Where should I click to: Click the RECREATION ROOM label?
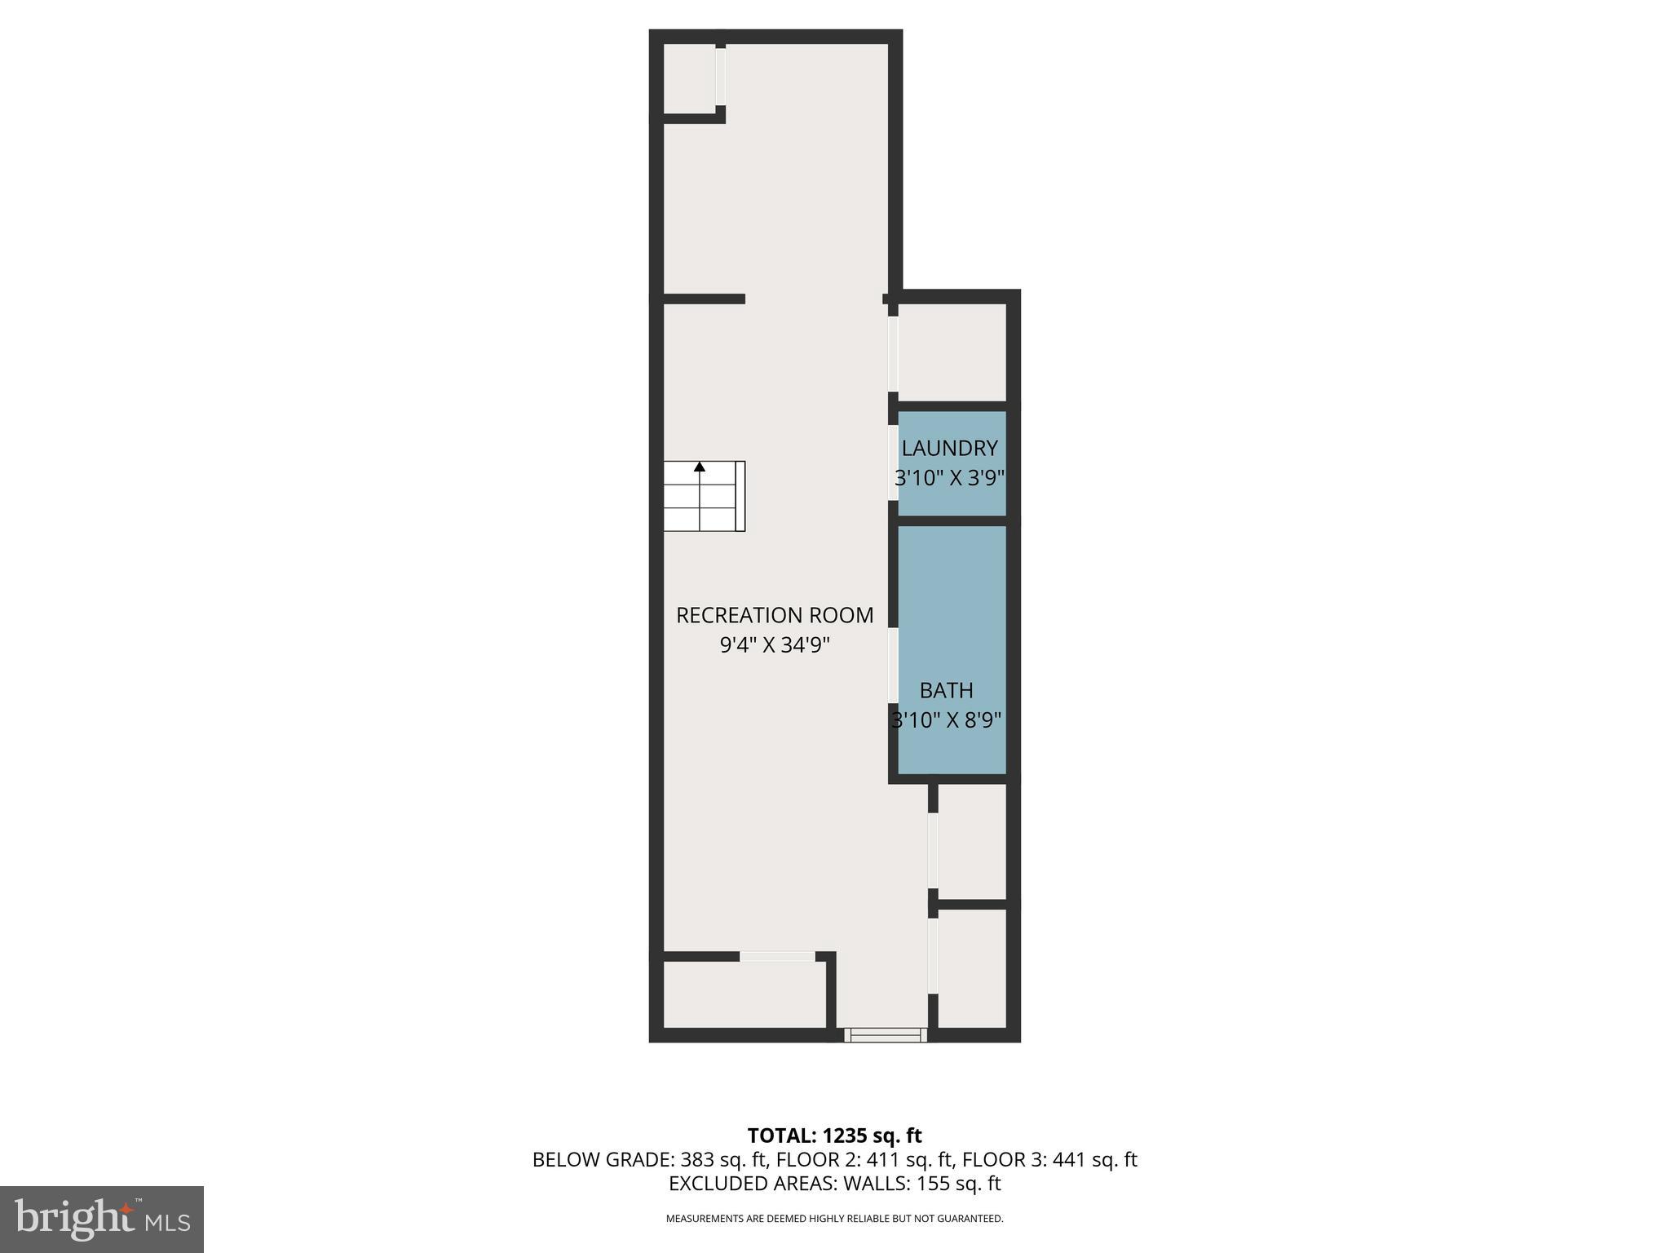(775, 615)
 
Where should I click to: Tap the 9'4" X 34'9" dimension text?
(775, 645)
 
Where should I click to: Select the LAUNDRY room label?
(949, 448)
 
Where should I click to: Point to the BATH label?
(946, 690)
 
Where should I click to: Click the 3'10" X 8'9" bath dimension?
(946, 720)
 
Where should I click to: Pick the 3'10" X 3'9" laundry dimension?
(949, 477)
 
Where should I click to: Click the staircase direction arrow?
(699, 467)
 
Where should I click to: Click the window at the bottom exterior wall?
(886, 1034)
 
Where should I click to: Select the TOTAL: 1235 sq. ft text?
(834, 1135)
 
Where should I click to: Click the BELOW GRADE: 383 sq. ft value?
(650, 1159)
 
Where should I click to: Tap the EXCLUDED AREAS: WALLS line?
(834, 1183)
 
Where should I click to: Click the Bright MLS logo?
(102, 1219)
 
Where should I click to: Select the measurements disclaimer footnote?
(834, 1219)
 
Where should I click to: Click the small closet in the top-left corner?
(690, 77)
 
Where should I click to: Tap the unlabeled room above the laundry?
(952, 352)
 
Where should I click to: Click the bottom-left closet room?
(744, 994)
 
